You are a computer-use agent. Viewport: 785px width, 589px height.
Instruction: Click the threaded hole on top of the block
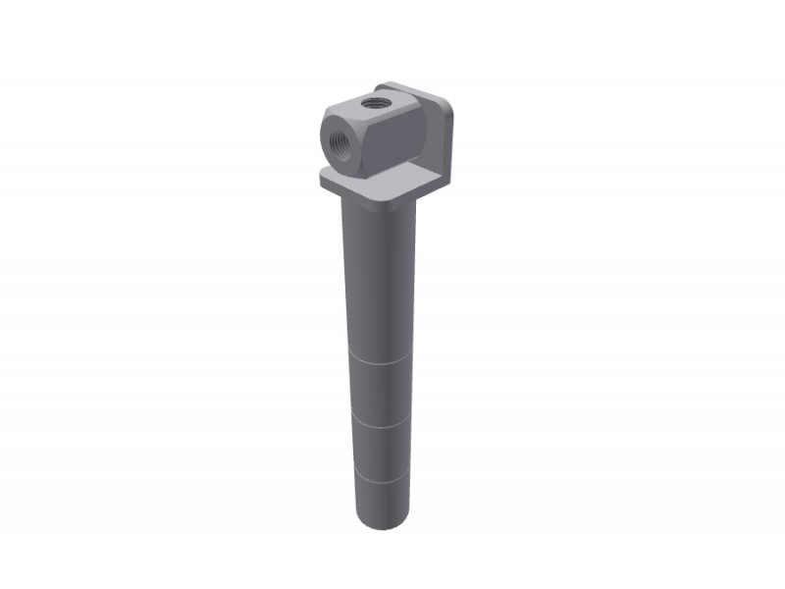(x=373, y=100)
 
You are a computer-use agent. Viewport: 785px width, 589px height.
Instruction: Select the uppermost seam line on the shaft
(x=379, y=361)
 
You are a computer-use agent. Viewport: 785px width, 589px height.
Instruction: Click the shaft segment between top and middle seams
(x=380, y=393)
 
